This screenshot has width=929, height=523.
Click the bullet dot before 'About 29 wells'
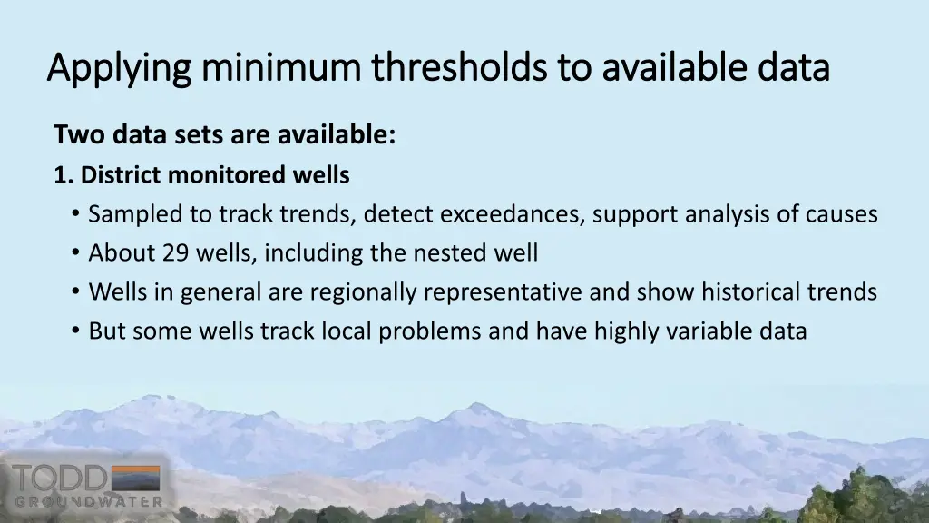pos(74,254)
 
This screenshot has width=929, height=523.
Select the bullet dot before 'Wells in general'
pos(74,293)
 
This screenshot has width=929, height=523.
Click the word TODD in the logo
pos(61,479)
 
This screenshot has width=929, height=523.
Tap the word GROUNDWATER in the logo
pos(89,501)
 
